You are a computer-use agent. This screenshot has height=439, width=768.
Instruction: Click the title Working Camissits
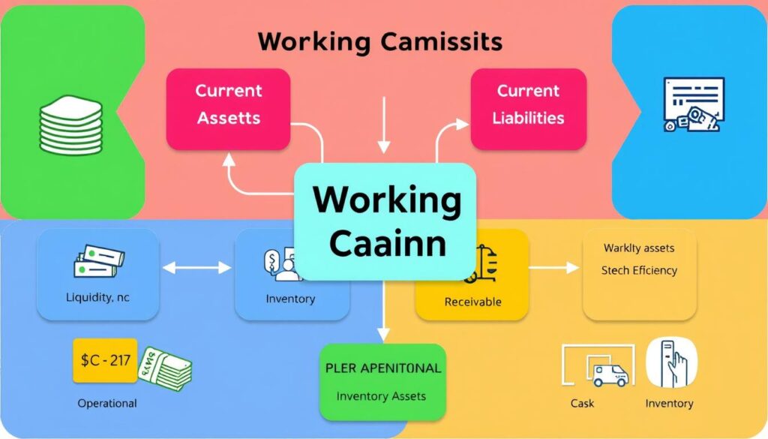tap(380, 42)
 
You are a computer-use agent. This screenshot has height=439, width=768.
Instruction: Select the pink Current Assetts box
tap(228, 104)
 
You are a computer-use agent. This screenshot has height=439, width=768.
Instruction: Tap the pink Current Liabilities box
tap(528, 104)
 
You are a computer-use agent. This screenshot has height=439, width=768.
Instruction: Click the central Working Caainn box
tap(385, 221)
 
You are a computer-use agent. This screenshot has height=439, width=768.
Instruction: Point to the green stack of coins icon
tap(69, 124)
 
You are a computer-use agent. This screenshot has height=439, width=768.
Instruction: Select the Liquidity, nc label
tap(97, 297)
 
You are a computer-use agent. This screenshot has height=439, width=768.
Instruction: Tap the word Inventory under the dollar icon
tap(290, 299)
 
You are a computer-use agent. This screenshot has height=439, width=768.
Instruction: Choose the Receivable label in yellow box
tap(472, 302)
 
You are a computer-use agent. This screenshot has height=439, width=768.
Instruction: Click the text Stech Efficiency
tap(639, 270)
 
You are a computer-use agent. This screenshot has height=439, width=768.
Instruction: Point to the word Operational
tap(107, 403)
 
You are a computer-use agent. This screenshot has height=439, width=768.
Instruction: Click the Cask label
tap(582, 403)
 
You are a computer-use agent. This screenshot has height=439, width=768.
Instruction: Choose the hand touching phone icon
tap(671, 362)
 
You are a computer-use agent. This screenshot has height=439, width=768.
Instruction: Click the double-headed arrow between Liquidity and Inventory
tap(197, 267)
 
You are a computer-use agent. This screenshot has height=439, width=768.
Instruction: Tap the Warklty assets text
tap(639, 248)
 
